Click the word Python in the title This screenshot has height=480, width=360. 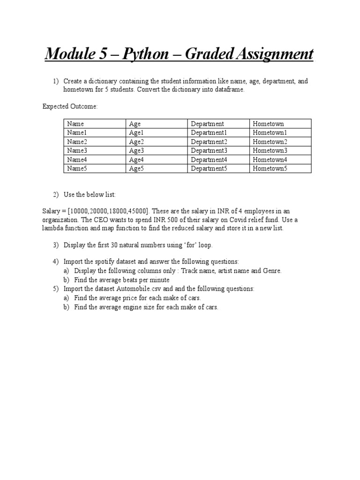pyautogui.click(x=145, y=54)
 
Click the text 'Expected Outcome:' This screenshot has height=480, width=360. pyautogui.click(x=70, y=106)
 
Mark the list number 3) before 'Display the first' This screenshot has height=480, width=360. pyautogui.click(x=55, y=245)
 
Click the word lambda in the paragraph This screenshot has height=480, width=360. pyautogui.click(x=53, y=228)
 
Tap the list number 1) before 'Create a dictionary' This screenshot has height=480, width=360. pyautogui.click(x=55, y=81)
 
